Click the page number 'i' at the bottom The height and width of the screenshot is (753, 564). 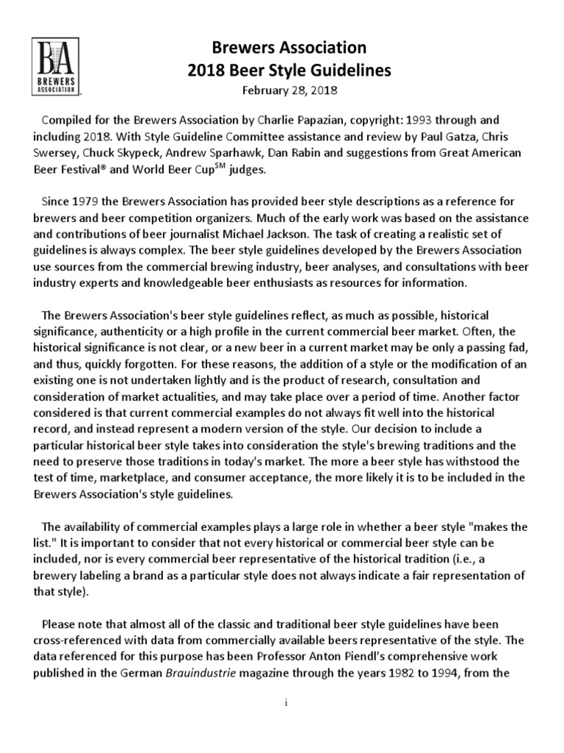coord(285,704)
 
